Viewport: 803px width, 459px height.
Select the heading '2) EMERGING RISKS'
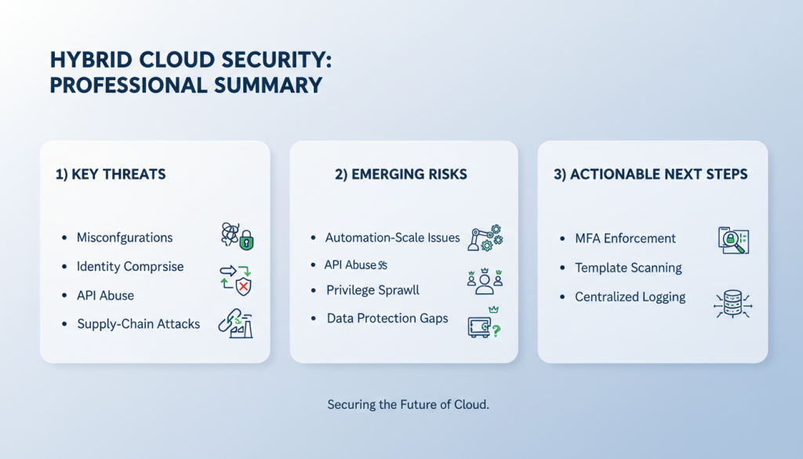tap(401, 174)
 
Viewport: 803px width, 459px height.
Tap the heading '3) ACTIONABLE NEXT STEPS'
tap(650, 174)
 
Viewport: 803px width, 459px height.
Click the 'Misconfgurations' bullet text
tap(125, 238)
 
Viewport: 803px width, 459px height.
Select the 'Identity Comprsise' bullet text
tap(130, 267)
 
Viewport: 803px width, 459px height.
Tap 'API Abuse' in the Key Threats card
tap(105, 296)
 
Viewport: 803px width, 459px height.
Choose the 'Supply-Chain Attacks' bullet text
tap(138, 324)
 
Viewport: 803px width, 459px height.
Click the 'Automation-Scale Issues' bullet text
tap(393, 238)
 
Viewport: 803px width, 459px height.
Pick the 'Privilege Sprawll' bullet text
tap(372, 290)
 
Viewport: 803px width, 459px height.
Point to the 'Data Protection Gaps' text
tap(387, 319)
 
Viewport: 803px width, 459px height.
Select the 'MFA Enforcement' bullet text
tap(625, 238)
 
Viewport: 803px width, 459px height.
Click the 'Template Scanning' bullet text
tap(628, 268)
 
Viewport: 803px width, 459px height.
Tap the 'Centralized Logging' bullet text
tap(630, 297)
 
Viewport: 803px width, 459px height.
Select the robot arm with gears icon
tap(485, 238)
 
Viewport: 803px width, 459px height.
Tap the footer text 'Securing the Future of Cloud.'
tap(408, 406)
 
